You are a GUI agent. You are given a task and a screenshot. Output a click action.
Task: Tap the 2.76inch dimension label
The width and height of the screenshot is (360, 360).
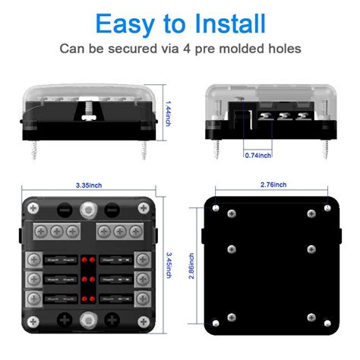272,185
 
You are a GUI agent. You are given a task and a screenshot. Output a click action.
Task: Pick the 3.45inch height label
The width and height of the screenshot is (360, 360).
169,265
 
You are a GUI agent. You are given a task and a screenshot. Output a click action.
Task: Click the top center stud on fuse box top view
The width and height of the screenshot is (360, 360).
90,207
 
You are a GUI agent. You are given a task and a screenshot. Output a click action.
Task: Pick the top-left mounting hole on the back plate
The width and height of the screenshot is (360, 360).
218,208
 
